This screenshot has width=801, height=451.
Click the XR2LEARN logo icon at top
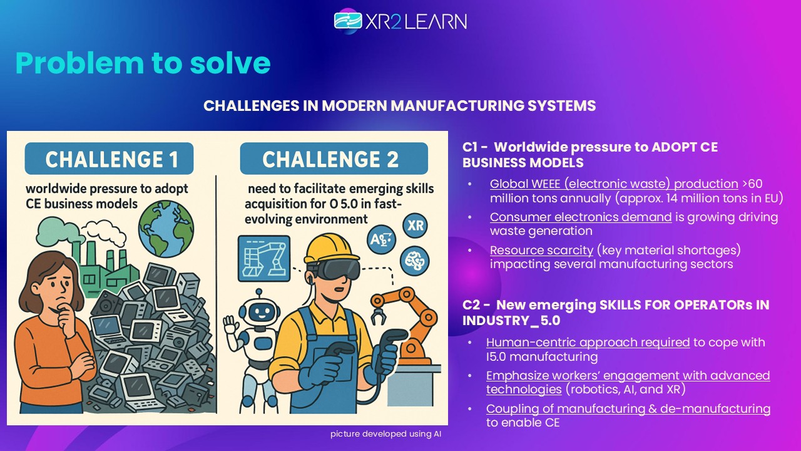[348, 21]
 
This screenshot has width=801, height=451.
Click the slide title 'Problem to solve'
[143, 63]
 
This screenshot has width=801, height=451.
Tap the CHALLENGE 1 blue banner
[109, 158]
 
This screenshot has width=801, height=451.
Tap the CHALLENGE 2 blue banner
[334, 158]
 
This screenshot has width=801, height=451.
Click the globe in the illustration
[166, 229]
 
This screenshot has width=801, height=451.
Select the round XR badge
[415, 225]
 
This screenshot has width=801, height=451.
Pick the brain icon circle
[414, 260]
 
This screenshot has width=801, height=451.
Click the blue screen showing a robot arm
[264, 258]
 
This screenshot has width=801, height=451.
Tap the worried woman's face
[56, 289]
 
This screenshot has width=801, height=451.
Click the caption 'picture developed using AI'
[386, 434]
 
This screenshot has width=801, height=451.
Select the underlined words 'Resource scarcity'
[541, 250]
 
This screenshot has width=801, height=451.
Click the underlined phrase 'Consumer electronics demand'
[581, 217]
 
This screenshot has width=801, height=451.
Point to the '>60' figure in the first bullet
[752, 184]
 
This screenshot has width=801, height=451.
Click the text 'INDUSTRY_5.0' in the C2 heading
[511, 320]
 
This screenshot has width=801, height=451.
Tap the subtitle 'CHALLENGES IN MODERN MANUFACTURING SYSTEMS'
[400, 106]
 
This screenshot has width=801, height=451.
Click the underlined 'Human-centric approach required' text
[588, 342]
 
